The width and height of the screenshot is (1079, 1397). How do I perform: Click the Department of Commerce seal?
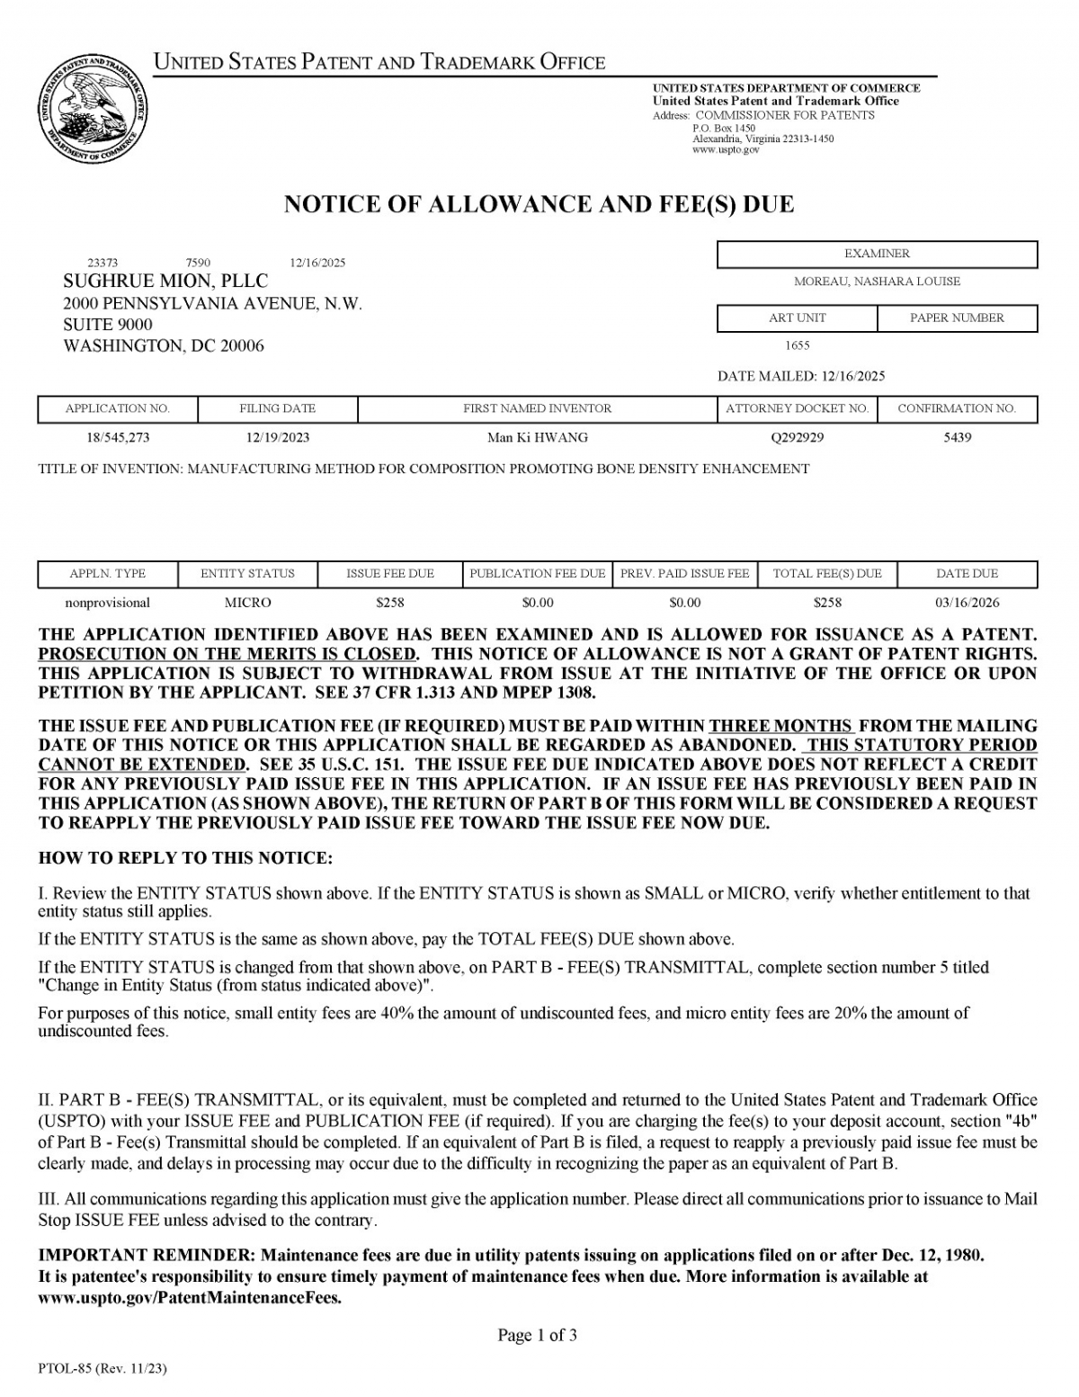[x=93, y=110]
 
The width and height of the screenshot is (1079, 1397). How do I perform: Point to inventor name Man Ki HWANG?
[x=537, y=438]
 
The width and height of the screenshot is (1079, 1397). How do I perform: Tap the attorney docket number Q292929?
[x=797, y=438]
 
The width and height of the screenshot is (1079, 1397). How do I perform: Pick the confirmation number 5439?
[x=957, y=438]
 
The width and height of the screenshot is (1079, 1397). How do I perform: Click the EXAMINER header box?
[x=877, y=255]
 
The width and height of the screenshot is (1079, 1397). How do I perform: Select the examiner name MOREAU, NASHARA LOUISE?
[x=877, y=282]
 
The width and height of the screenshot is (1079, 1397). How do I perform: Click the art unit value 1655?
[x=797, y=345]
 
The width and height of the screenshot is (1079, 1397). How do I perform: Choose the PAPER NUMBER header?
[x=957, y=318]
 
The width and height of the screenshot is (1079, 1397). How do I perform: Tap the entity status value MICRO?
[x=247, y=603]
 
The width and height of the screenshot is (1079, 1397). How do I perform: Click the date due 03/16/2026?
[x=967, y=603]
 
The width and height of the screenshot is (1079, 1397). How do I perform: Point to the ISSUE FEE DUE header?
[x=390, y=574]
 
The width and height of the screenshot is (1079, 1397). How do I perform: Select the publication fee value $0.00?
[x=538, y=603]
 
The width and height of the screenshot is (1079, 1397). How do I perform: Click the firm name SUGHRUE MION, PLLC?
[x=165, y=282]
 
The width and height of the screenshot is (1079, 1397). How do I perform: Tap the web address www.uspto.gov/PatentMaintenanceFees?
[x=190, y=1298]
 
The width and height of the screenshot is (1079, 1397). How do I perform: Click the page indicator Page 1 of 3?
[x=537, y=1336]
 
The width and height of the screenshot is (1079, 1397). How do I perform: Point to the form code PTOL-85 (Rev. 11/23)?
[x=103, y=1369]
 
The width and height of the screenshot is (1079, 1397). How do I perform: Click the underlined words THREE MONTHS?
[x=780, y=726]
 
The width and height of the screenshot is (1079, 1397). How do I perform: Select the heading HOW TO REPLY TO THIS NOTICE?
[x=185, y=858]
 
